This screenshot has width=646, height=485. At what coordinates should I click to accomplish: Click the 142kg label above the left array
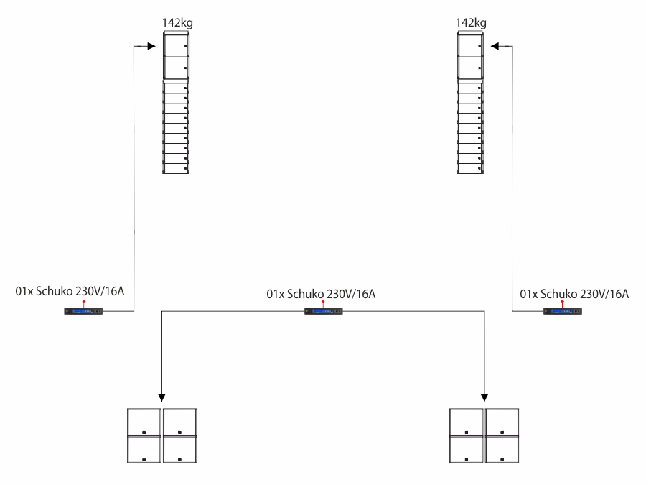177,23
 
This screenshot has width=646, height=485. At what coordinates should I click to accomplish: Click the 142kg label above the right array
471,23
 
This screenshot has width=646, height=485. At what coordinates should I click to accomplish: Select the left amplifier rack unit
84,311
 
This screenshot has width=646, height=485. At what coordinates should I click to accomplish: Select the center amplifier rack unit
323,311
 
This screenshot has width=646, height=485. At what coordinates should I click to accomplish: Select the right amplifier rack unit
562,311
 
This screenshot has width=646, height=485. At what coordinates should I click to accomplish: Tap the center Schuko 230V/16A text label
321,294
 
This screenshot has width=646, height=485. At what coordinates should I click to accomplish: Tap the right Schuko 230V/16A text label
574,294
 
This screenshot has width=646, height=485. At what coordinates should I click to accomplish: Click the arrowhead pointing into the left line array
151,46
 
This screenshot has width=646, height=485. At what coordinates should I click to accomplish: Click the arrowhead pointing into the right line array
495,46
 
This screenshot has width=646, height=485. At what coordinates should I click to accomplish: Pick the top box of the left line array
176,45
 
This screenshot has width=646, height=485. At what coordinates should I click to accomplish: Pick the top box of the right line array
470,45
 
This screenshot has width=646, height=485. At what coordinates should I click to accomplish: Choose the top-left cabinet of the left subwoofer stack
144,422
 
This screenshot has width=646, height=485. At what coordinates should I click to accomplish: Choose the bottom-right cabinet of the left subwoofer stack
179,449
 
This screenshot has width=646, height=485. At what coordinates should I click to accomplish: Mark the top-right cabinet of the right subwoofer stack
502,422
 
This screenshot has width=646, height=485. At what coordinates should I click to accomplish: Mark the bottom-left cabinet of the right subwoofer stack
467,449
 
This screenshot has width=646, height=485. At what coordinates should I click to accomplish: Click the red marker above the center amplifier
323,302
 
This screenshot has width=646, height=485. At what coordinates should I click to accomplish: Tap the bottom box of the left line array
176,168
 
